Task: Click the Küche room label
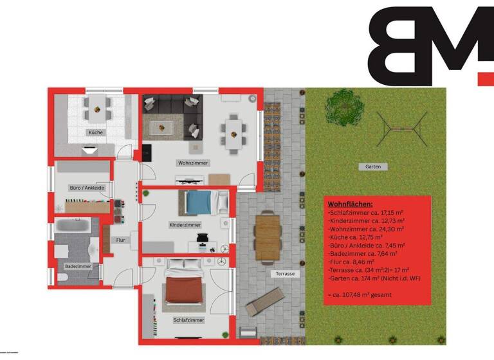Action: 96,132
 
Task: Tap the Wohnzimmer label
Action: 193,163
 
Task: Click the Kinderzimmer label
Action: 185,225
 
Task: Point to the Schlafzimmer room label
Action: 189,319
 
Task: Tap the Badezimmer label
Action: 78,265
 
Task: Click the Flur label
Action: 120,240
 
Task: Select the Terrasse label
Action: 285,273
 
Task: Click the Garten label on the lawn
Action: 373,166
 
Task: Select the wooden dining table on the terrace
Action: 268,237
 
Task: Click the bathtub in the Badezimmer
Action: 75,225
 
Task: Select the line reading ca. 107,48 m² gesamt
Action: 361,294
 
